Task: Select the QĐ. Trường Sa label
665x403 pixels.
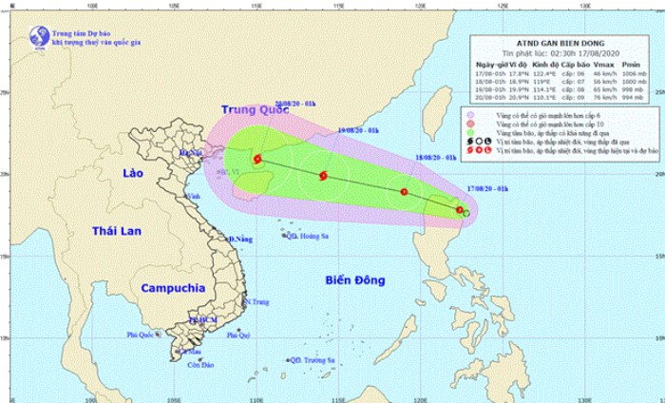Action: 314,360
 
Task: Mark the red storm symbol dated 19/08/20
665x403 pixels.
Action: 324,176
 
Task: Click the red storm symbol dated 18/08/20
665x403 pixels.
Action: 405,192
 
